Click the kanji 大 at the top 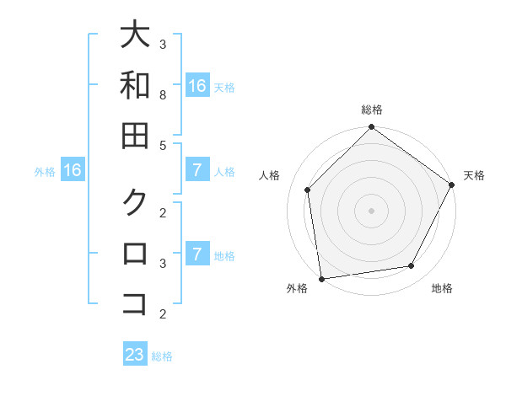coord(135,36)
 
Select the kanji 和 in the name coord(135,86)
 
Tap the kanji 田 coord(135,136)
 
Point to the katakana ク coord(135,202)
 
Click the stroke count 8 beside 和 coord(163,95)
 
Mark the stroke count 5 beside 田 coord(163,145)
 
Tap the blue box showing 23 coord(135,355)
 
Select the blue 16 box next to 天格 coord(196,86)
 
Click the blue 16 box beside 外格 coord(73,171)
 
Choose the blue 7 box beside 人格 coord(196,171)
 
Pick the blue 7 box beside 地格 coord(196,254)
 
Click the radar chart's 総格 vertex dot coord(371,129)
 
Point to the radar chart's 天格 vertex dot coord(451,185)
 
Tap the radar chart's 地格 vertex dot coord(412,265)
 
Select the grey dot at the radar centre coord(371,210)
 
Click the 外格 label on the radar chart coord(297,288)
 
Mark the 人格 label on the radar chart coord(270,175)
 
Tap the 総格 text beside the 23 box coord(162,356)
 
